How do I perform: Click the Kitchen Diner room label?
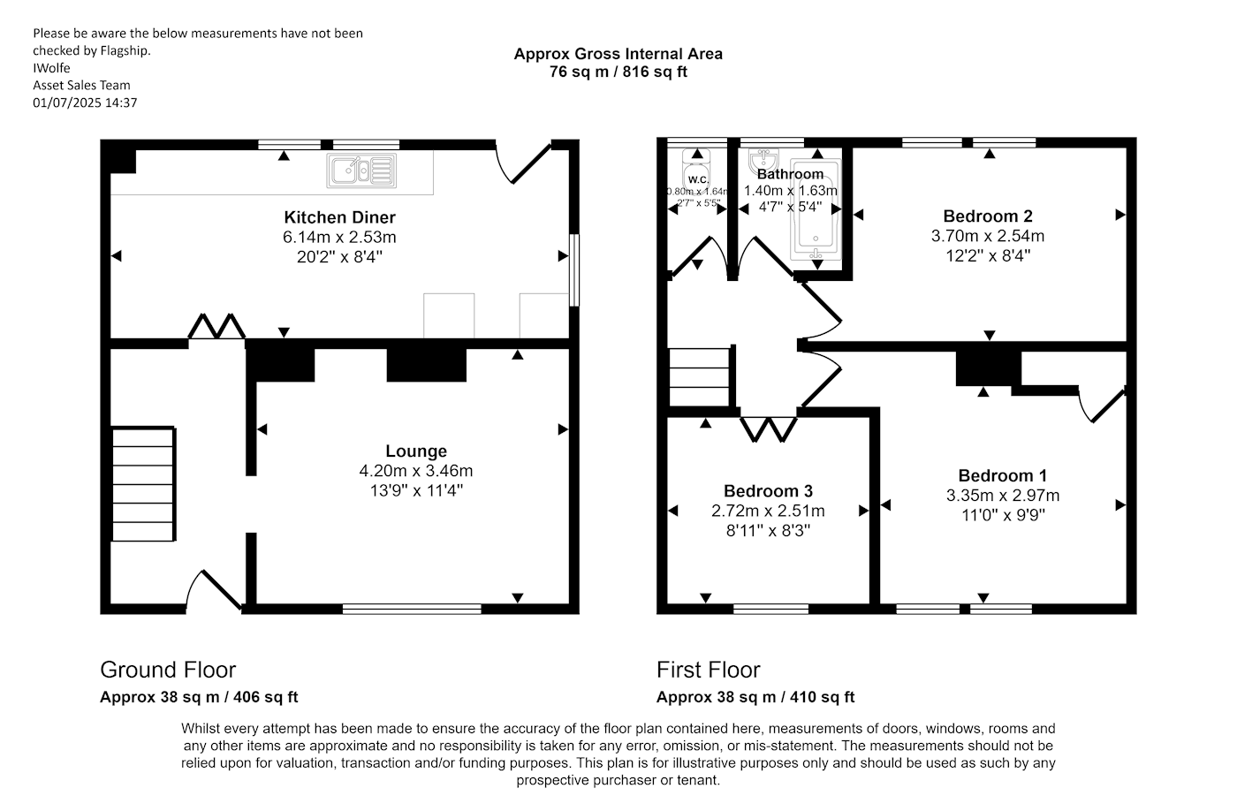coord(339,217)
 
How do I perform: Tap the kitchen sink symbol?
coord(361,170)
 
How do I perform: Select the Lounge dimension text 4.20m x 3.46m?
coord(415,471)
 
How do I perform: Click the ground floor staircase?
coord(143,484)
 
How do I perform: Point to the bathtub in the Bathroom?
coord(816,212)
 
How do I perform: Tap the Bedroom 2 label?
coord(987,216)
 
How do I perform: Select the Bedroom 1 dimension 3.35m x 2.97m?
coord(1002,496)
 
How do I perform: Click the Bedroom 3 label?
coord(768,491)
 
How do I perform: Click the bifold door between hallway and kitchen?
coord(216,326)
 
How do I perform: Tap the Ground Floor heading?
coord(168,670)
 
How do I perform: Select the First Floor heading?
coord(708,670)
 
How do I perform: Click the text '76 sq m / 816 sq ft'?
coord(618,72)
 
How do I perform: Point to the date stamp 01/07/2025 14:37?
coord(85,102)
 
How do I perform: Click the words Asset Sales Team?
coord(81,86)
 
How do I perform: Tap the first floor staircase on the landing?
coord(699,377)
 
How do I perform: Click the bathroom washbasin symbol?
coord(761,162)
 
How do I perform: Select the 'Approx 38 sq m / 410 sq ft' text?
coord(755,697)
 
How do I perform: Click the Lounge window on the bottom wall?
coord(412,609)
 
